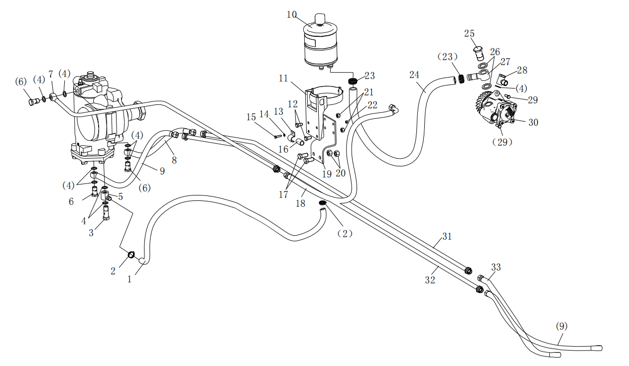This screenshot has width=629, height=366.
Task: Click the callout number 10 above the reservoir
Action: point(292,14)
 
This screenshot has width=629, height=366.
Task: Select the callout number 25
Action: point(469,34)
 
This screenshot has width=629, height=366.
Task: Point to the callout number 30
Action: point(533,122)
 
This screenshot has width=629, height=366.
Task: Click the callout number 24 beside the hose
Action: point(415,75)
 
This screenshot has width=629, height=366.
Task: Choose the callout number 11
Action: point(283,78)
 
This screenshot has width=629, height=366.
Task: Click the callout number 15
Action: point(252,117)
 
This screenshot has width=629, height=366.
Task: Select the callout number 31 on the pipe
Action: point(447,237)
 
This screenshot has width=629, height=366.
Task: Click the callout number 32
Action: point(430,280)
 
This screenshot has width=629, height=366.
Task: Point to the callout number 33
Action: point(496,268)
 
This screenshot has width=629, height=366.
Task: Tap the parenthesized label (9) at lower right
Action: point(561,326)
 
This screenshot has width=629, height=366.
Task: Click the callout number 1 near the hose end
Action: point(129,279)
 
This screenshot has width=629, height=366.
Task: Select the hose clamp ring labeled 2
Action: point(131,255)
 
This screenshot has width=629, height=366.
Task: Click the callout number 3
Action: point(91,233)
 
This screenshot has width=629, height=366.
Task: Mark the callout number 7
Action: point(51,74)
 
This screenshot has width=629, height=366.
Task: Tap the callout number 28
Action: point(522,70)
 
